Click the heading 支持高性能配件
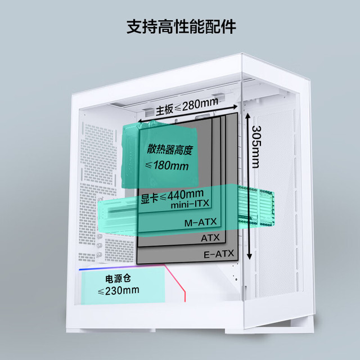[181, 27]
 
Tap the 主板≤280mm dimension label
[187, 106]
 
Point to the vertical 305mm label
[256, 147]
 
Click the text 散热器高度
[169, 150]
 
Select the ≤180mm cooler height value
[167, 165]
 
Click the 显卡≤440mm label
[172, 197]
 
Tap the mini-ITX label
[190, 204]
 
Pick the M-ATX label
[200, 222]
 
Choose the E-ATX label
[219, 254]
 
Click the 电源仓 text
[118, 278]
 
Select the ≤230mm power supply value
[119, 290]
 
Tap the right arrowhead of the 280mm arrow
[235, 107]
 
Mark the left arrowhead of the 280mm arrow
[140, 121]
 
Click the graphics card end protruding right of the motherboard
[256, 206]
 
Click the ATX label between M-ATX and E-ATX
[210, 238]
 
